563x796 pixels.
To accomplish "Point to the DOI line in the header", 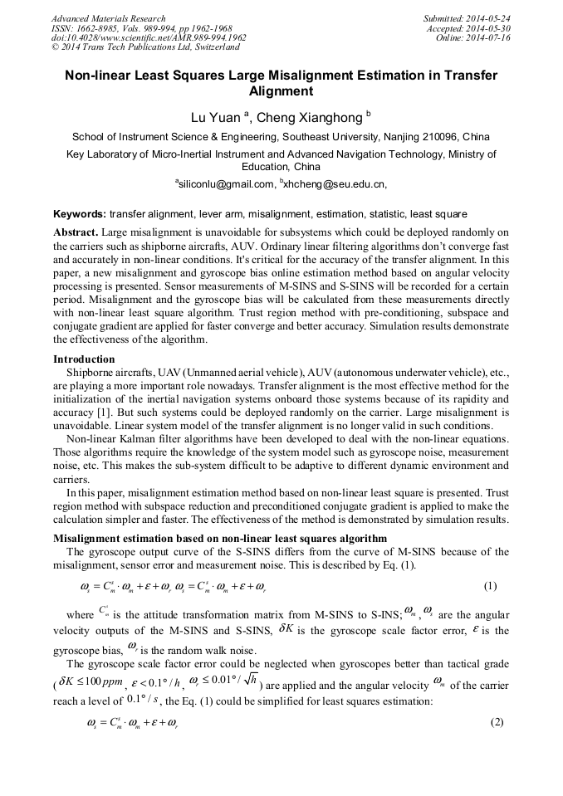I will point(149,37).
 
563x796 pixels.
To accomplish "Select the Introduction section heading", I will point(84,359).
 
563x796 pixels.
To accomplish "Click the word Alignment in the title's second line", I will point(281,92).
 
